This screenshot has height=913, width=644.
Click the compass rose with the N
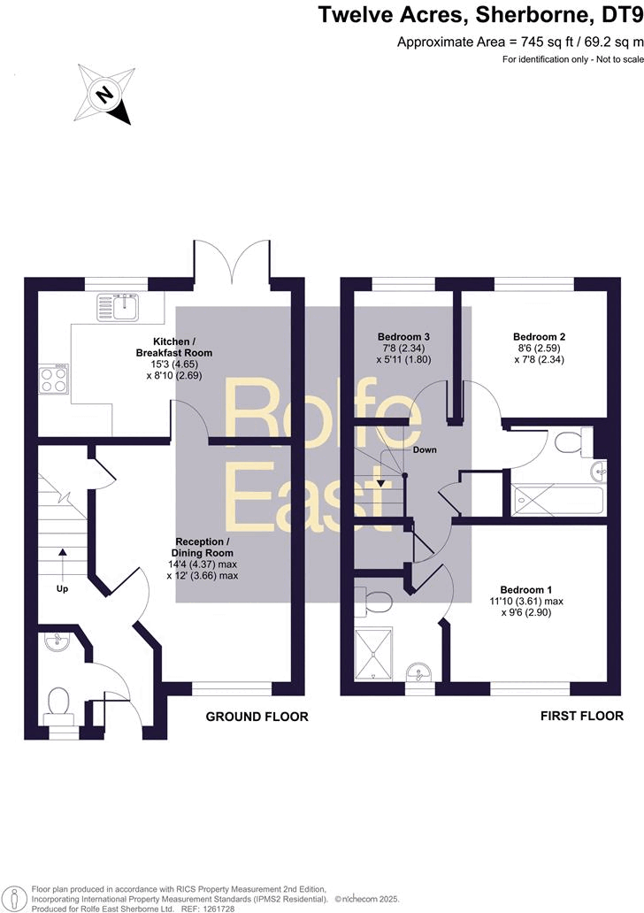pos(104,94)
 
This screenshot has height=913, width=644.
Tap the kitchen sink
pos(119,307)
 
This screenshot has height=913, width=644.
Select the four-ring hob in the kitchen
pos(54,379)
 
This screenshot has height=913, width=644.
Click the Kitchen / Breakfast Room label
pos(173,347)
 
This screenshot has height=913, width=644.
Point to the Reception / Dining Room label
pos(202,548)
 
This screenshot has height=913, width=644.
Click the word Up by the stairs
pos(62,588)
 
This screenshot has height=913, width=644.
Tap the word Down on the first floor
pos(425,449)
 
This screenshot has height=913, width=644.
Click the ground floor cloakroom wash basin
pos(57,641)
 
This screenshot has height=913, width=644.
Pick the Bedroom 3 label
pos(403,336)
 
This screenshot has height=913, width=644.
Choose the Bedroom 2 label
pos(539,336)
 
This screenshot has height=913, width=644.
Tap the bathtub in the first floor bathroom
pos(558,500)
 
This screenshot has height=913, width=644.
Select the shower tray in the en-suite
pos(373,653)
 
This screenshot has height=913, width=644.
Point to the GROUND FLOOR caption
pos(257,717)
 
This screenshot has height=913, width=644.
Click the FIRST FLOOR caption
pos(582,716)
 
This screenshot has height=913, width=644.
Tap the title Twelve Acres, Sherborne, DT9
pos(480,14)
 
